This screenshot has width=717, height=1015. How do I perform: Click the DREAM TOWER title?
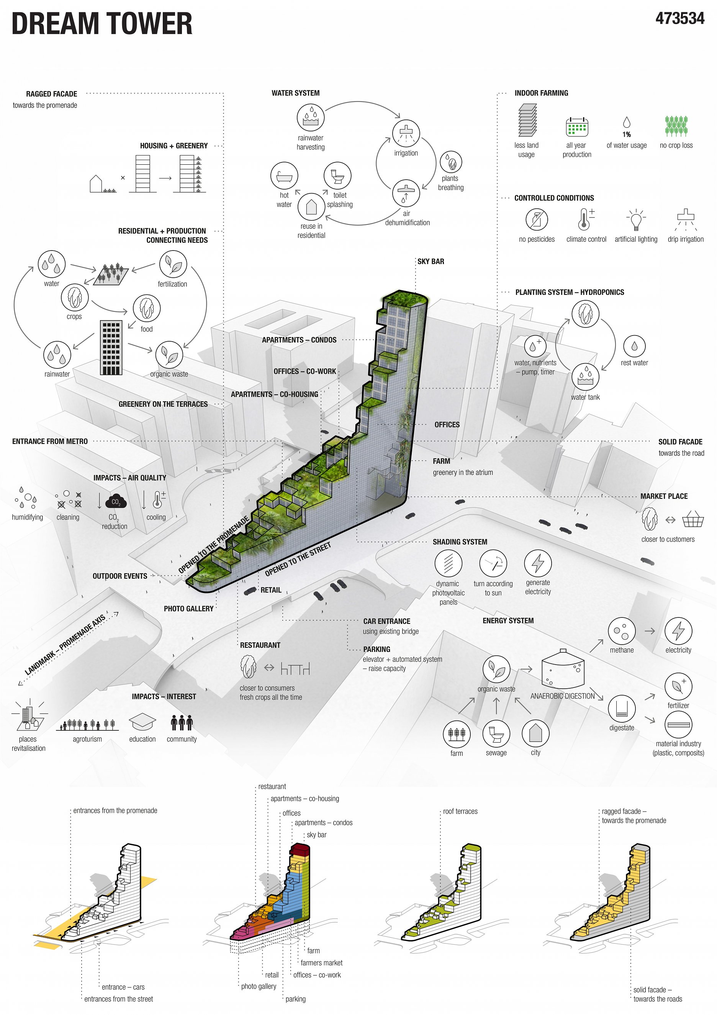click(101, 24)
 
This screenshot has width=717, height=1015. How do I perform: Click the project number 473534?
click(679, 18)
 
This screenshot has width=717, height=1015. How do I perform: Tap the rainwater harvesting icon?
click(310, 118)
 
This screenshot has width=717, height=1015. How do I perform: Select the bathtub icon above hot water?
click(284, 176)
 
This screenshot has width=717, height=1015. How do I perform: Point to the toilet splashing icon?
click(337, 175)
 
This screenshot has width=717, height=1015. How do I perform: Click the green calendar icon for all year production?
click(577, 127)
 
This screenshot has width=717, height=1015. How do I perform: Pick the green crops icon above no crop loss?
click(676, 126)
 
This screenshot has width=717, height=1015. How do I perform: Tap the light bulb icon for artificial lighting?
click(636, 220)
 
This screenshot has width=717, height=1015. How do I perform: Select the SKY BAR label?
click(431, 261)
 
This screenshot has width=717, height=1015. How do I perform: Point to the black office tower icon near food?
click(111, 348)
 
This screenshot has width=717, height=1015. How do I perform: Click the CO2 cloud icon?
click(116, 501)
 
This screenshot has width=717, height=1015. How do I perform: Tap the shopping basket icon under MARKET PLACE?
click(693, 519)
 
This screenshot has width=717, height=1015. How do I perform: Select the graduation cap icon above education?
click(142, 722)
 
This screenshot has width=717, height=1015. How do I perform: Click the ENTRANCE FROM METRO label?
click(50, 441)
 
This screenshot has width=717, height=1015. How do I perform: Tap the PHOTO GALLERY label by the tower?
click(188, 609)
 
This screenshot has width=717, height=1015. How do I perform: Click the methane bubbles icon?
click(622, 631)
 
